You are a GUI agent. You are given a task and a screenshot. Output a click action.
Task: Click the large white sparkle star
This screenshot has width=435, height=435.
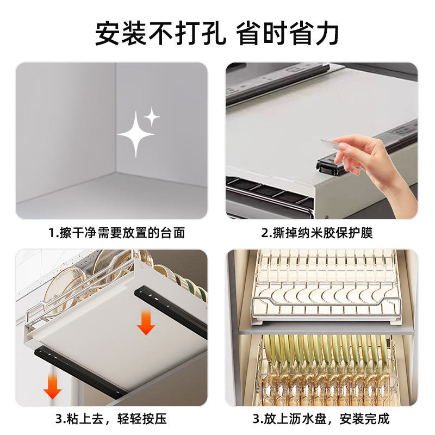click(135, 134)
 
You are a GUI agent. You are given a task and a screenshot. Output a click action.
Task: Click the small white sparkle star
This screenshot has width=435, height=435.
click(152, 115)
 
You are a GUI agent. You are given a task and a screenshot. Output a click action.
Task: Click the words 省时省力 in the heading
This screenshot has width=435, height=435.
click(287, 34)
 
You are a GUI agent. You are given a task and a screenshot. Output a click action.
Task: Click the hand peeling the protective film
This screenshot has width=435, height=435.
click(375, 163)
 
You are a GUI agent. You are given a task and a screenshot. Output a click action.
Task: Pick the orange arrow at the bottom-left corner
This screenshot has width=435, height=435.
click(52, 387)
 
